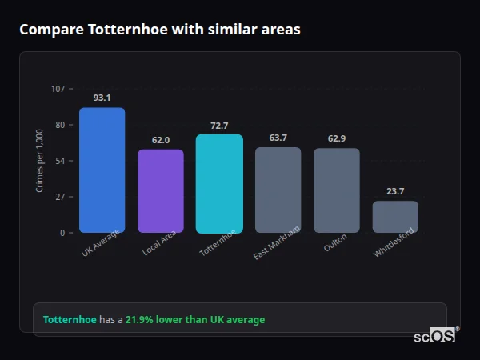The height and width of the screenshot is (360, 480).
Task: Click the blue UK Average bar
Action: pos(102,170)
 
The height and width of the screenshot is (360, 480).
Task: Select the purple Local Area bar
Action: pos(161,191)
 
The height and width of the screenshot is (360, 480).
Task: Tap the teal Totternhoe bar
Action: pos(219,184)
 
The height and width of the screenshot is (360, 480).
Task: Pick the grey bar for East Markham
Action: pos(278,190)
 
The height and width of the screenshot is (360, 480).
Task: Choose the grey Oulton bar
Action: pos(337,190)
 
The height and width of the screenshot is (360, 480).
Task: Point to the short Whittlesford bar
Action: pos(395,217)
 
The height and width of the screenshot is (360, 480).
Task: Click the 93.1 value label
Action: pos(102,98)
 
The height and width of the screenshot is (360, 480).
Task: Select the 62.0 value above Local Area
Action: pos(161,140)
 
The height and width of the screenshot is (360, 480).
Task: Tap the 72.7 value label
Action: pos(219,126)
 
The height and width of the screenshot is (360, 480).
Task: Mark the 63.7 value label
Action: pos(278,138)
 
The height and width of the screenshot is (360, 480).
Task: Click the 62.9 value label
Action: pos(337,138)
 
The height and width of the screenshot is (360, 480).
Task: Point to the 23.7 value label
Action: pos(395,191)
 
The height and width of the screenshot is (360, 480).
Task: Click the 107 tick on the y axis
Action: pos(58,89)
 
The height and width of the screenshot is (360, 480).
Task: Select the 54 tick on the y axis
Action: pos(60,161)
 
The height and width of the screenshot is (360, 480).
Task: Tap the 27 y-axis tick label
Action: pos(60,197)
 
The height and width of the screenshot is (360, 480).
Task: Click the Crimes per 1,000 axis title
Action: pos(40,160)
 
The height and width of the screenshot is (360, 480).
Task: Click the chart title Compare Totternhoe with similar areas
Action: pos(160,30)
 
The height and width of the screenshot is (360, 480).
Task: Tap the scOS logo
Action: pos(435,337)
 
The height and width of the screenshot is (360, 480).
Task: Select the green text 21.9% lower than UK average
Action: pos(194,320)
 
